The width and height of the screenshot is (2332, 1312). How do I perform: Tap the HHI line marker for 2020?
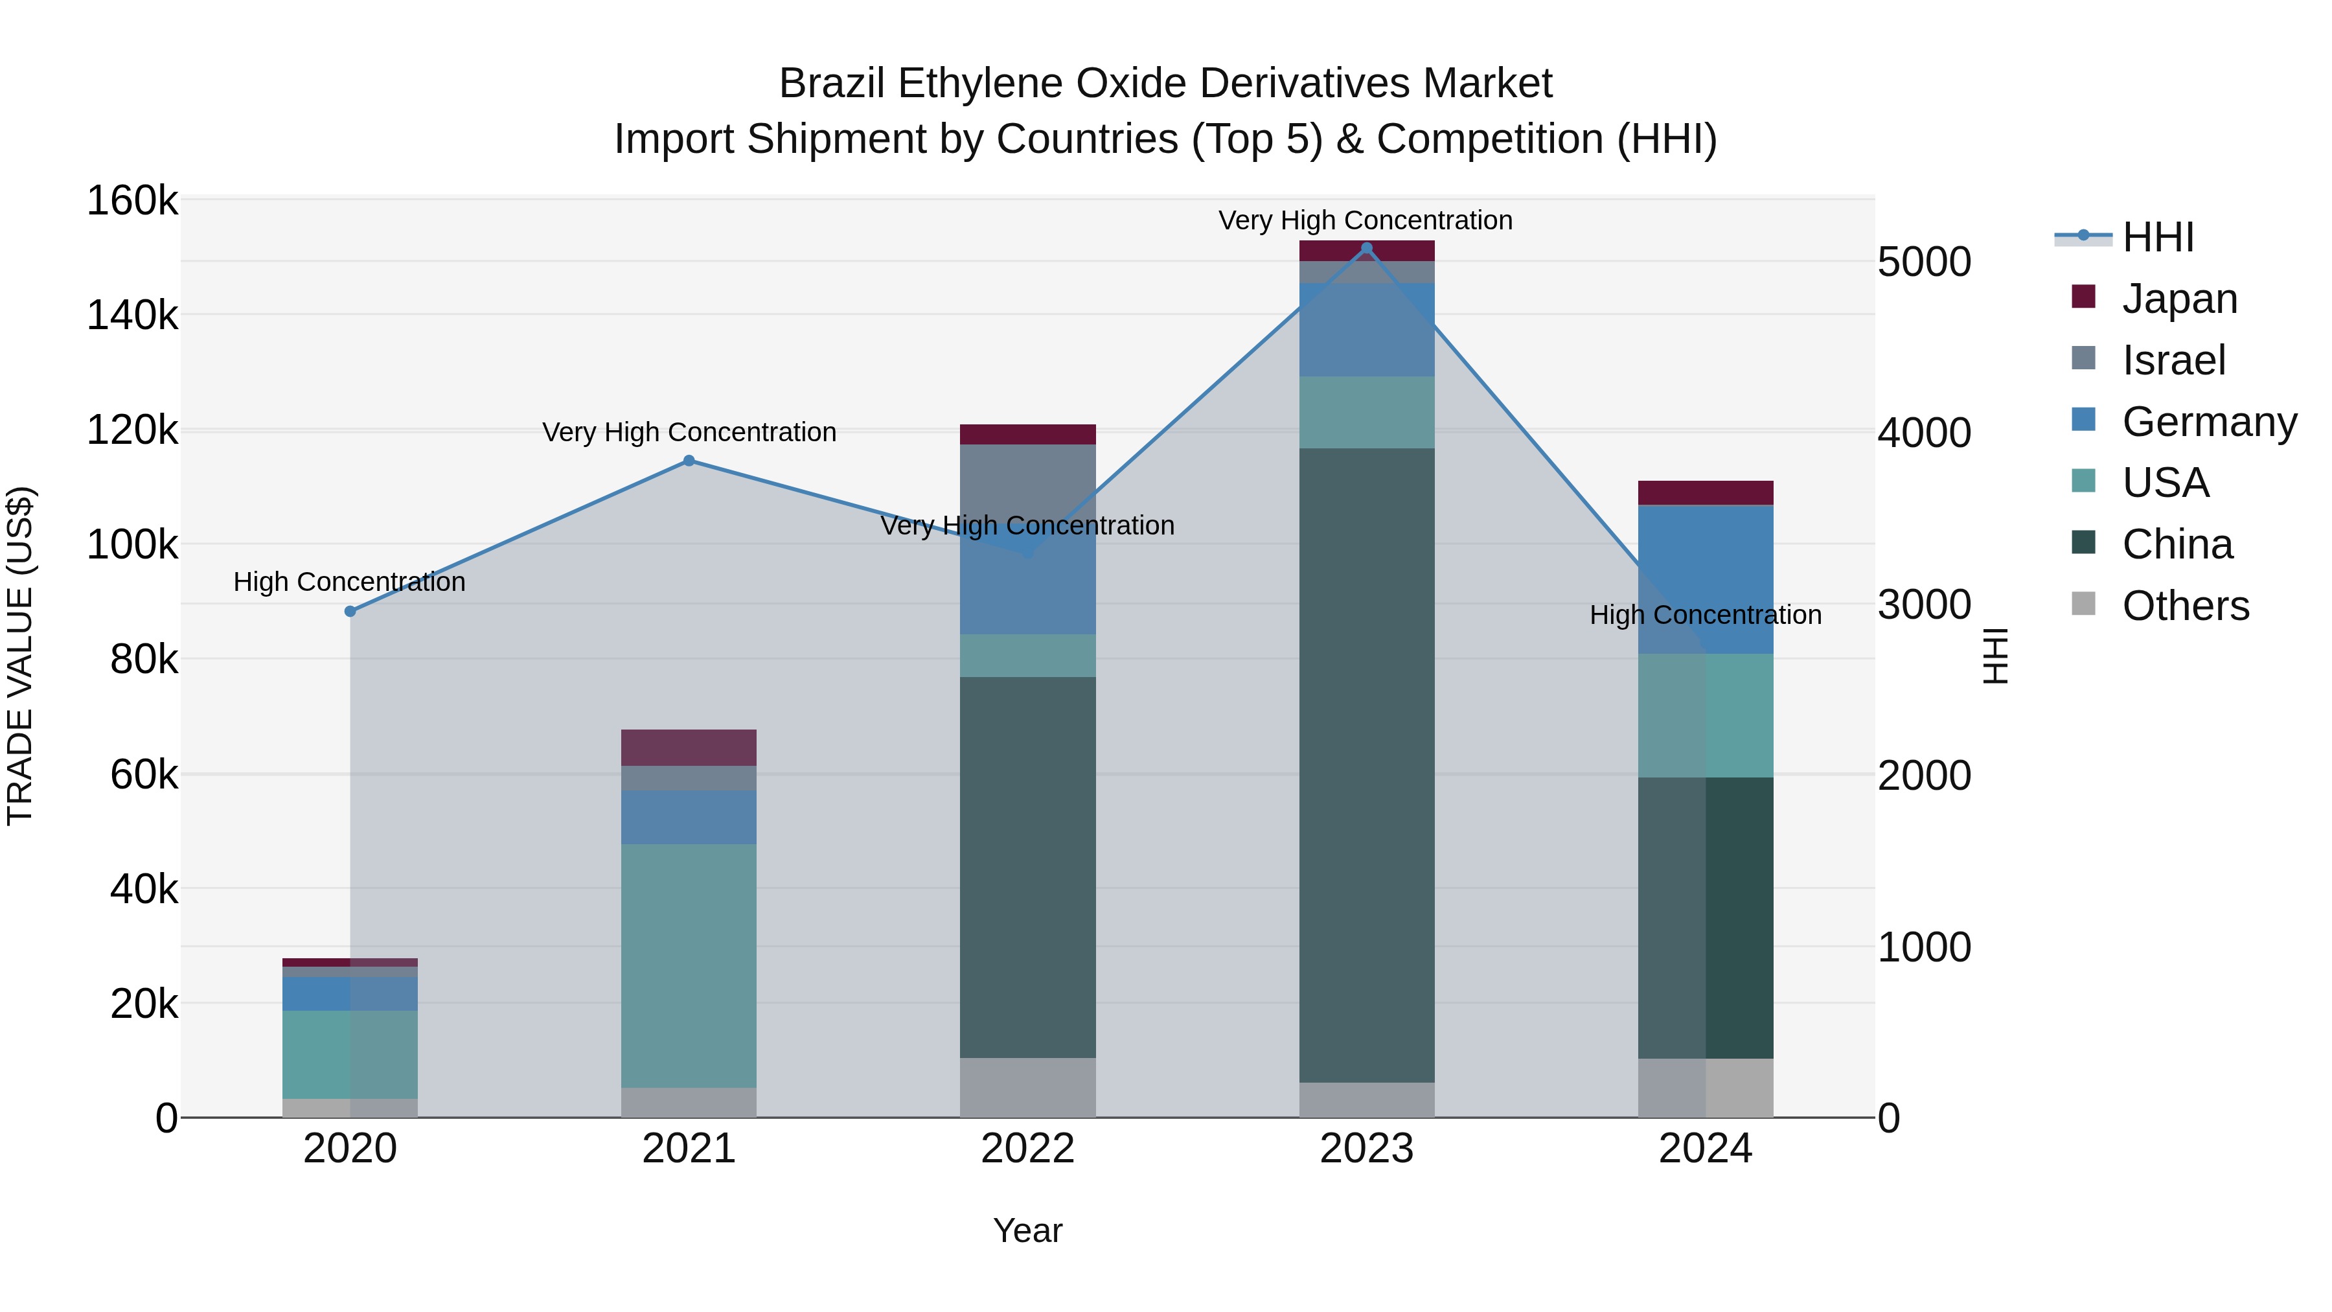point(350,611)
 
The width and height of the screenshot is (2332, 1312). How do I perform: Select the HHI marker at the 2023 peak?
point(1366,248)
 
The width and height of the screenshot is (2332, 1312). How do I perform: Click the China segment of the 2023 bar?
point(1366,765)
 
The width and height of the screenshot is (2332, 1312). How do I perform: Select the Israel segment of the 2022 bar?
point(1027,480)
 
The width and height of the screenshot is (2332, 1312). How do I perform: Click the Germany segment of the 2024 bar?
point(1705,579)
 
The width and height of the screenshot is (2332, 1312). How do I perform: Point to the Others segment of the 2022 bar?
point(1027,1087)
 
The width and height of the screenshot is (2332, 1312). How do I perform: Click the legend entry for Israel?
point(2173,360)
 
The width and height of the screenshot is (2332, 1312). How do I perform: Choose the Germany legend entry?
point(2209,421)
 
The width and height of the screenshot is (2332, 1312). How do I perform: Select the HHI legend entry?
point(2157,237)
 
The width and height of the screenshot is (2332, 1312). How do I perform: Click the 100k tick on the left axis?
point(132,545)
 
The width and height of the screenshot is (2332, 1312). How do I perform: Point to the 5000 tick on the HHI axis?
point(1924,262)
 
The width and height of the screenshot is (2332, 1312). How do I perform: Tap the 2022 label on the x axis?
point(1027,1148)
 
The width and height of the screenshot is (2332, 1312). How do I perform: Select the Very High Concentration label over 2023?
point(1365,220)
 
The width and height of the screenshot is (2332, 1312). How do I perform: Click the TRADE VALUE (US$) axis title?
point(20,656)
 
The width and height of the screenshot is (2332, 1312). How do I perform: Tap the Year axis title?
point(1027,1230)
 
